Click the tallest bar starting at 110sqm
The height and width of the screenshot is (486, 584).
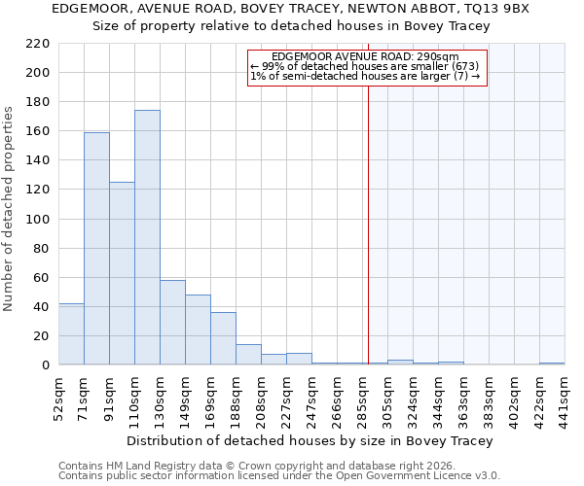[147, 238]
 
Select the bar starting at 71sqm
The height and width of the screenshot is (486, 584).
[96, 249]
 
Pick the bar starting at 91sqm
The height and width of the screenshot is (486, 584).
[122, 273]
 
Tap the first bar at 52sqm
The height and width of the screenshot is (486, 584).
[71, 334]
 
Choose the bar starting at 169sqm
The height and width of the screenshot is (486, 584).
[223, 338]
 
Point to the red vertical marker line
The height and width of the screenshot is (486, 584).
[369, 224]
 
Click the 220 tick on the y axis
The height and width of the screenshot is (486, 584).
[38, 44]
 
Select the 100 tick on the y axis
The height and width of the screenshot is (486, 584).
[38, 220]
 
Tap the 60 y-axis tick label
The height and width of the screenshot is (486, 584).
[42, 278]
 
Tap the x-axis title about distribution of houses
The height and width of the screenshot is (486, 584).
[310, 440]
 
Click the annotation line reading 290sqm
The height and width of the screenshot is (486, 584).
[365, 57]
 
